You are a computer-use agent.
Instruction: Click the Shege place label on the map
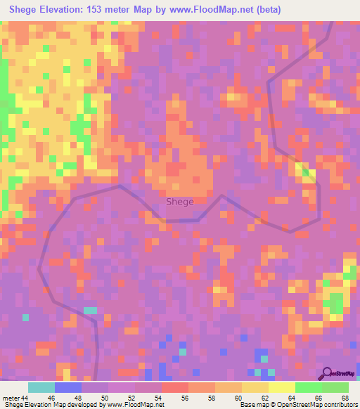point(179,202)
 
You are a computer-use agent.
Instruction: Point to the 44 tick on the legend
point(26,398)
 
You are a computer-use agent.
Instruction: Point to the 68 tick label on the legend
point(345,398)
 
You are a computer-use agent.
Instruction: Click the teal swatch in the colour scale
point(41,387)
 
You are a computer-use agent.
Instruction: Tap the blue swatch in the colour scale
point(68,387)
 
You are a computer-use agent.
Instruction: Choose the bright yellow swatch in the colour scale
point(282,387)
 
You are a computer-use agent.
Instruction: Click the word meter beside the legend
point(11,398)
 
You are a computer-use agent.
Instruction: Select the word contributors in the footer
point(339,405)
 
